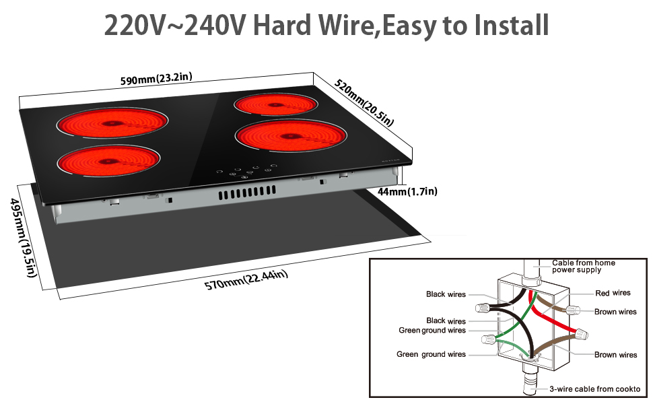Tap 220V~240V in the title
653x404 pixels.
[173, 25]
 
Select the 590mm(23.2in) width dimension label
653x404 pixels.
[156, 79]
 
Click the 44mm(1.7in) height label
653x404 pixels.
[407, 192]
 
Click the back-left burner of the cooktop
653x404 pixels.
[112, 123]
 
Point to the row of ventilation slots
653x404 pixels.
[245, 195]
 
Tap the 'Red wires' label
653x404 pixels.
[613, 293]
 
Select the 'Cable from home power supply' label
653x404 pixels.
[583, 266]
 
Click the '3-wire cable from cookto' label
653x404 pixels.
[594, 389]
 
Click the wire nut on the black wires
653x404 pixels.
[482, 308]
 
